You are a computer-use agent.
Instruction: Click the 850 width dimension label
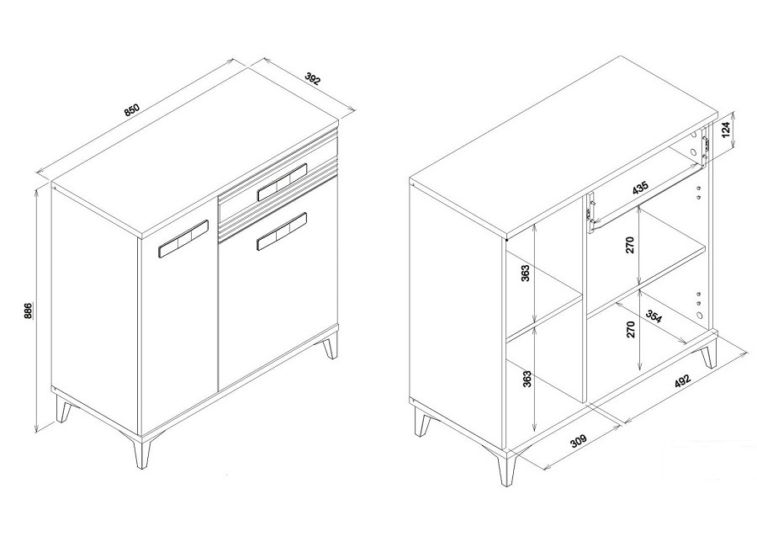tap(131, 109)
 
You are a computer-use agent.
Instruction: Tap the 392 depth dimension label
tap(313, 79)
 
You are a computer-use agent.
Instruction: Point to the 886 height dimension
tap(29, 311)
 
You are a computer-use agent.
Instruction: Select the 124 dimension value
tap(726, 130)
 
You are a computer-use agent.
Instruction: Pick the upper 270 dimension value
tap(629, 246)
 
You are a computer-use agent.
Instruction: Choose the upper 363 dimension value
tap(526, 273)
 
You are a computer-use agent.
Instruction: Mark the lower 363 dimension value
tap(527, 379)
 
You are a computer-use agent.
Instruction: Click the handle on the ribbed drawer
tap(283, 182)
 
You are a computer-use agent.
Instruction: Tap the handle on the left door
tap(183, 239)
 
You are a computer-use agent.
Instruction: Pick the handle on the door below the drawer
tap(283, 231)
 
